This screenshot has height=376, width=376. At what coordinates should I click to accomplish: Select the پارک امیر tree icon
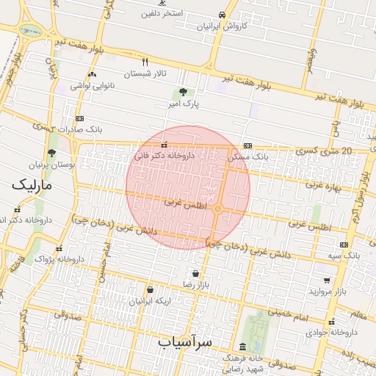tap(182, 92)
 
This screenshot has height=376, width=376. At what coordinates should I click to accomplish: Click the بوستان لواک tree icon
tap(51, 153)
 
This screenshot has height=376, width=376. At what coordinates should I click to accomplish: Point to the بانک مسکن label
tap(249, 156)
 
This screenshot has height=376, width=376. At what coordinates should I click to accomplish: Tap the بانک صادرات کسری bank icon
tap(79, 118)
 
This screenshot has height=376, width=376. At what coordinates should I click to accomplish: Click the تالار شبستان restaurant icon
tap(145, 62)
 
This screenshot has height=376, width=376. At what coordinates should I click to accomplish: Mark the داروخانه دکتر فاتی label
tap(164, 156)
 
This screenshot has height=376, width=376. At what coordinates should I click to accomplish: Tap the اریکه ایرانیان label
tap(150, 301)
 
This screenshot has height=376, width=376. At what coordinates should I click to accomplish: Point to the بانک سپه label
tap(344, 255)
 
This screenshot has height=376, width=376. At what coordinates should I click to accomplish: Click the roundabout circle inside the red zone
tap(218, 210)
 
